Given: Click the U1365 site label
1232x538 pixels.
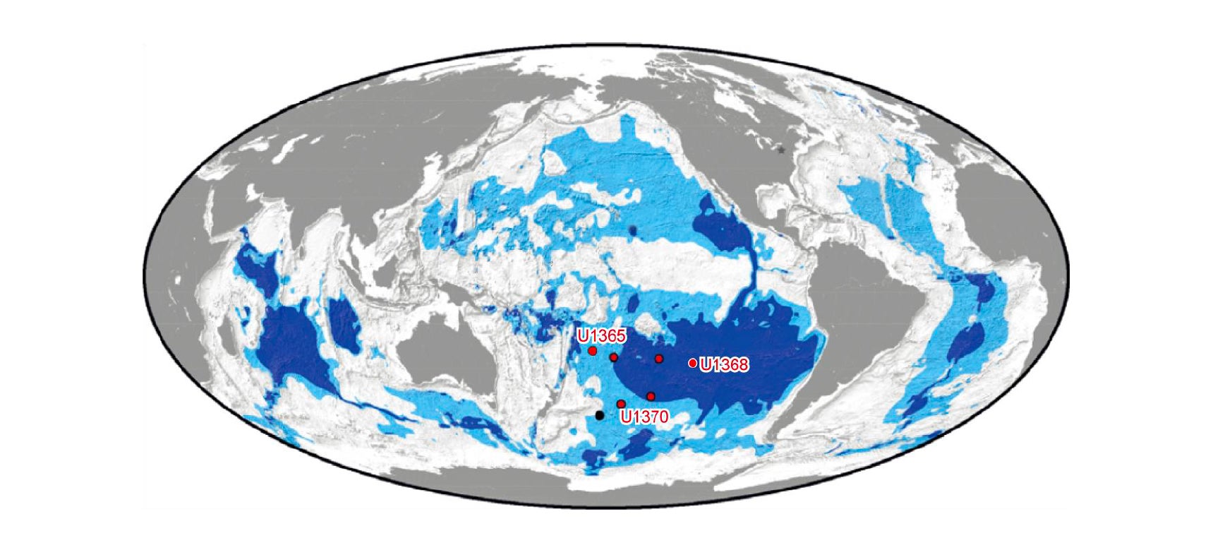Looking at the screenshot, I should click(x=601, y=335).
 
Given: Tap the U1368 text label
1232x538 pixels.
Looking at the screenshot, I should click(x=724, y=364).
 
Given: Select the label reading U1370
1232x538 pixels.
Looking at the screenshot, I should click(x=644, y=417).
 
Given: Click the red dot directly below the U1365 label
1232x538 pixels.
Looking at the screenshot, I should click(x=593, y=351).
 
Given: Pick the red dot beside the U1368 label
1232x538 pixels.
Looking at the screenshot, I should click(x=693, y=363).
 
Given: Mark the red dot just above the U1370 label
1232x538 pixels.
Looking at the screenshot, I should click(x=621, y=404).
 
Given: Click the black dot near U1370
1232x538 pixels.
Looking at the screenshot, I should click(x=600, y=415).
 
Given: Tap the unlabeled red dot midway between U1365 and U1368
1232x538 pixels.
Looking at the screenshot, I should click(x=659, y=359).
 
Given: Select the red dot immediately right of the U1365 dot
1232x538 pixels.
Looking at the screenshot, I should click(x=613, y=357).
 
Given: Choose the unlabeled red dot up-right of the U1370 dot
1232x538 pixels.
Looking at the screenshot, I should click(x=651, y=396).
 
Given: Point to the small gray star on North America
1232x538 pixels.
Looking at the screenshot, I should click(x=780, y=150).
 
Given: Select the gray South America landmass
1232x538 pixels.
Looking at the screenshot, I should click(x=868, y=311).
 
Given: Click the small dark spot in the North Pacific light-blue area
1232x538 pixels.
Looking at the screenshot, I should click(x=632, y=230).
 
